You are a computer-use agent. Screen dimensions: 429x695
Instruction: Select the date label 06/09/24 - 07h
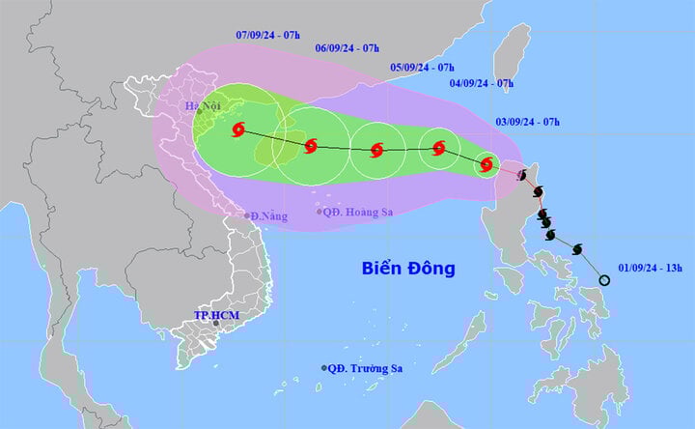[348, 47]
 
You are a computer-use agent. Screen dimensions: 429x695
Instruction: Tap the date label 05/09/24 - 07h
[422, 67]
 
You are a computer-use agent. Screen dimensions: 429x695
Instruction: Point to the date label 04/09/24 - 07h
[481, 83]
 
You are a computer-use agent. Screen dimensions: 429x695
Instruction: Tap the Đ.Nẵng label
[266, 215]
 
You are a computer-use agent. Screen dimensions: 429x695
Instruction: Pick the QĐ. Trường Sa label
[365, 367]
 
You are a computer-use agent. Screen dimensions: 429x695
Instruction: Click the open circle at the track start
[604, 280]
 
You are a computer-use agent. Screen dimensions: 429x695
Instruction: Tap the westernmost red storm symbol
[239, 130]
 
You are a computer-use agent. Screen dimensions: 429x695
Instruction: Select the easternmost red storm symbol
[486, 164]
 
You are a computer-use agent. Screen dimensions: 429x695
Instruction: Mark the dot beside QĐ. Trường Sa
[323, 367]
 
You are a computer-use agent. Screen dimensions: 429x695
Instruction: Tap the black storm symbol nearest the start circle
[577, 249]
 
